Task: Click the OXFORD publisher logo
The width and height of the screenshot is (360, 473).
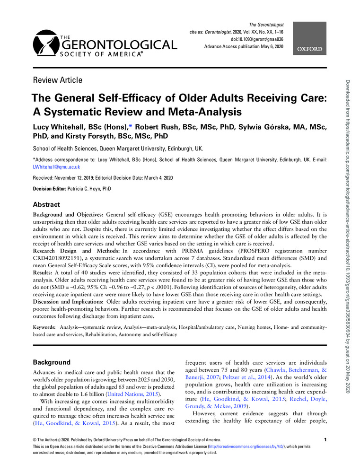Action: pyautogui.click(x=310, y=49)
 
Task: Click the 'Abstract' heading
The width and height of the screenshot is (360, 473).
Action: pyautogui.click(x=46, y=205)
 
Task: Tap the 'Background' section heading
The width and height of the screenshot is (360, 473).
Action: pyautogui.click(x=52, y=362)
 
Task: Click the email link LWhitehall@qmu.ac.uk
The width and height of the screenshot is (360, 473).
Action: pyautogui.click(x=56, y=167)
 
